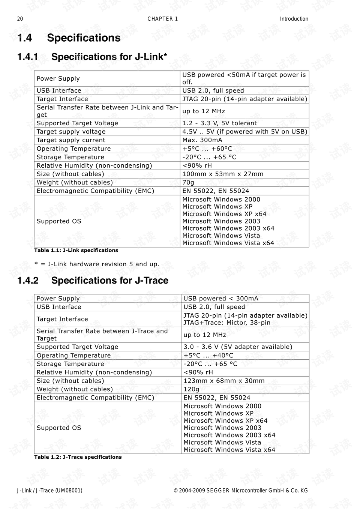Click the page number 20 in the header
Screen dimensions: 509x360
point(20,19)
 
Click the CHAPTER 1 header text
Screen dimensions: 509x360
point(162,19)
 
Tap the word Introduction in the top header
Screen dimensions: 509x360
point(294,19)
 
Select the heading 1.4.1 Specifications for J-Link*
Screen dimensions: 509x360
point(92,57)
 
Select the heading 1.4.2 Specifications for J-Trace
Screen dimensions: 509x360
point(93,280)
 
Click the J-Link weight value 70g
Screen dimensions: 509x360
point(188,182)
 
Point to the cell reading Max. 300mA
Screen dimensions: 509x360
point(202,140)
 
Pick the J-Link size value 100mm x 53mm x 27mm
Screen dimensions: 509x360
point(223,174)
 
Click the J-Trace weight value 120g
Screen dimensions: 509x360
point(191,389)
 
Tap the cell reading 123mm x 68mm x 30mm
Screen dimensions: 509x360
point(224,380)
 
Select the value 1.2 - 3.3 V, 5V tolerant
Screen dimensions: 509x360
point(219,123)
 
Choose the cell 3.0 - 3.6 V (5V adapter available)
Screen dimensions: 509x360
point(237,347)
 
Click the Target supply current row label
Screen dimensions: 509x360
point(71,140)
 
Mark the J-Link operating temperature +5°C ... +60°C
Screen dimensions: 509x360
point(207,149)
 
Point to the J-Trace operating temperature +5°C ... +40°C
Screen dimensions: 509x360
point(208,355)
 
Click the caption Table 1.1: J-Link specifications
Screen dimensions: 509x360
point(76,250)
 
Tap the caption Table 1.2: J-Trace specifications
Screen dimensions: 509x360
point(78,457)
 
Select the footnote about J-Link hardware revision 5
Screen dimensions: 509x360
point(97,264)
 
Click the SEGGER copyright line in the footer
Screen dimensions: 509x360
point(240,490)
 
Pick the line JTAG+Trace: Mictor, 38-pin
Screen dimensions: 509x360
point(226,323)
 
